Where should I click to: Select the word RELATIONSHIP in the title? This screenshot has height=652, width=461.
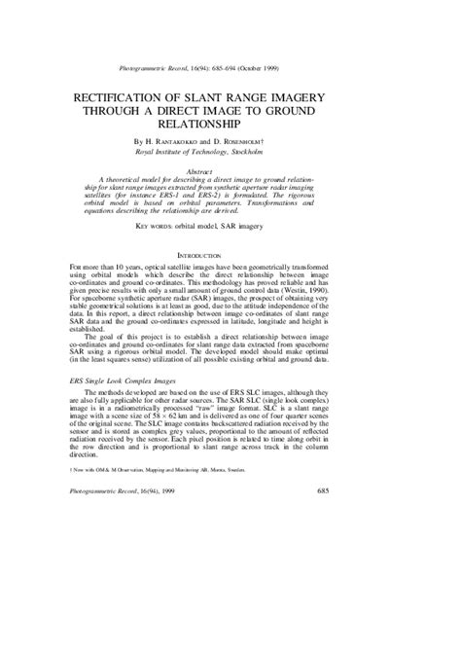[x=230, y=125]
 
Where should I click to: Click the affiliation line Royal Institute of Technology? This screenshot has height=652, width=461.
[x=230, y=153]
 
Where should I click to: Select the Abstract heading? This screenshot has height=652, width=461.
[x=230, y=172]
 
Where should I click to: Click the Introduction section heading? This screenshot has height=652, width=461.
[x=230, y=253]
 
